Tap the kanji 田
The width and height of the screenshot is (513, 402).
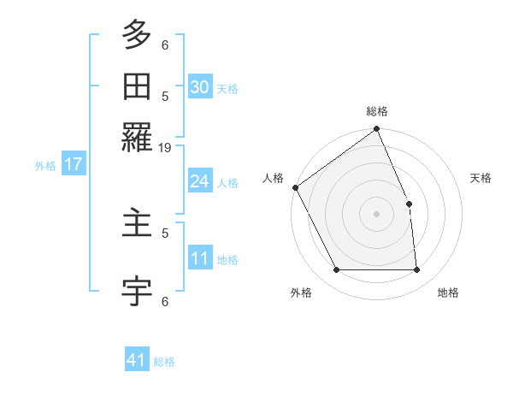tap(137, 86)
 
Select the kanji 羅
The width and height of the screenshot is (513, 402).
tap(137, 135)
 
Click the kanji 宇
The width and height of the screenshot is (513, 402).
tap(137, 292)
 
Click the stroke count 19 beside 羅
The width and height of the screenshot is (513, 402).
tap(165, 148)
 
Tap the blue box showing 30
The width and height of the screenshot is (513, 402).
tap(200, 86)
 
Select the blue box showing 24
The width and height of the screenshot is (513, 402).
tap(200, 181)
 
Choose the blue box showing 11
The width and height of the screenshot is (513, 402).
tap(200, 258)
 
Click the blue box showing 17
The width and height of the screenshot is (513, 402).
tap(74, 164)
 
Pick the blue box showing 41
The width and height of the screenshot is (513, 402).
tap(138, 360)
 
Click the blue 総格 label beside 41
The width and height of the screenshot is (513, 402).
tap(164, 362)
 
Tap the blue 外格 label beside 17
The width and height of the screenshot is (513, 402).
tap(44, 166)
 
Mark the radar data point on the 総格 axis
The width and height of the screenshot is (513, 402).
tap(377, 130)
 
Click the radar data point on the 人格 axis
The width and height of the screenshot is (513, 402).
tap(295, 187)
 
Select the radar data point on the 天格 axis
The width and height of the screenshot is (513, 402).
tap(409, 204)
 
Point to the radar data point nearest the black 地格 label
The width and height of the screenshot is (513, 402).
tap(417, 270)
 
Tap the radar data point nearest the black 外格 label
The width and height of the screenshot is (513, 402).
tap(337, 270)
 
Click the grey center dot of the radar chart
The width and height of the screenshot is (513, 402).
tap(377, 214)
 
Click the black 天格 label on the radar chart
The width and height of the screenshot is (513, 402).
tap(481, 178)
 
